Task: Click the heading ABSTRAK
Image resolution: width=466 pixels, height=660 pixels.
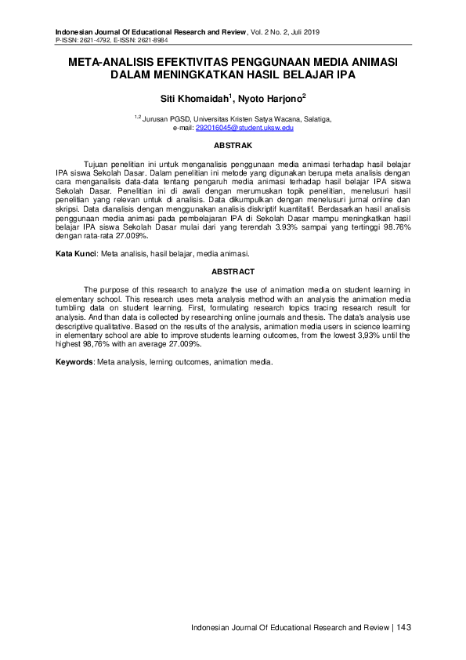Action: tap(233, 146)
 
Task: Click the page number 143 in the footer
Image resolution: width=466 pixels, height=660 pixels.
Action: tap(404, 627)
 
